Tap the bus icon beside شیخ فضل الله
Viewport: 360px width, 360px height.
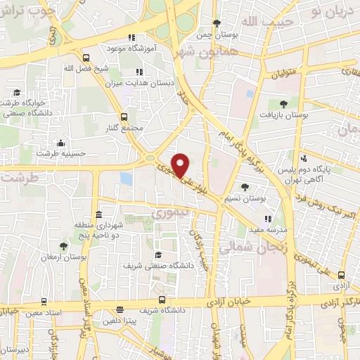click(x=86, y=58)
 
